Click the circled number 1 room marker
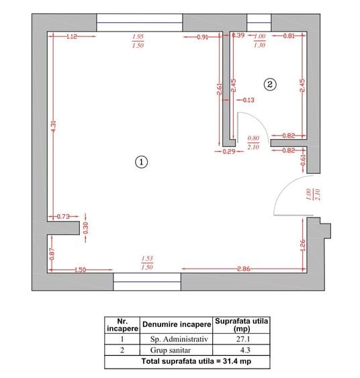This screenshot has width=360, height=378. click(141, 162)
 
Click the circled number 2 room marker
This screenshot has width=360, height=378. click(270, 85)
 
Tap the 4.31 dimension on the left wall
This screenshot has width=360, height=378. click(54, 126)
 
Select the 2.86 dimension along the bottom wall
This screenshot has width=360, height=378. click(244, 269)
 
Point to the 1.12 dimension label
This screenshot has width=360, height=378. click(72, 37)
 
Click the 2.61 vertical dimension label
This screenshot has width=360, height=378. click(219, 89)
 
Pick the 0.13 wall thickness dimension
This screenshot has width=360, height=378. click(249, 100)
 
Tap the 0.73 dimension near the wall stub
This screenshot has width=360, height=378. click(63, 216)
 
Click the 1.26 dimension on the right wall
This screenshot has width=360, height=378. click(303, 245)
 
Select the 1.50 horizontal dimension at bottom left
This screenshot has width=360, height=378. click(81, 270)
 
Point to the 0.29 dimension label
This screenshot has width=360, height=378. click(228, 152)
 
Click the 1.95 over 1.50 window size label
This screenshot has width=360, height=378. click(138, 41)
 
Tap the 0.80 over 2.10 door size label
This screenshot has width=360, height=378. click(253, 142)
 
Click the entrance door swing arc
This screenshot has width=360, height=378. click(285, 187)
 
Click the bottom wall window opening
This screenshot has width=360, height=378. click(147, 281)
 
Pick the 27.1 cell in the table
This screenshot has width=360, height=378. click(243, 339)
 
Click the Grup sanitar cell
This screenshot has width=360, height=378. click(171, 350)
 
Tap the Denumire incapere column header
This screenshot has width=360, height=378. click(177, 324)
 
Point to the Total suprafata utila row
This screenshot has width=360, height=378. click(196, 361)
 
